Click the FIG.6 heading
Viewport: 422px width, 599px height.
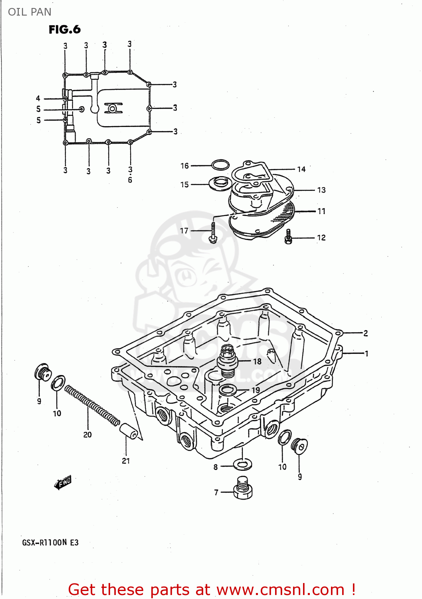pyautogui.click(x=64, y=29)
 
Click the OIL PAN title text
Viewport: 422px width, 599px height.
pyautogui.click(x=30, y=12)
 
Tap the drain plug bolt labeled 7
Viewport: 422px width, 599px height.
pyautogui.click(x=243, y=488)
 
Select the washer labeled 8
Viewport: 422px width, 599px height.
pyautogui.click(x=242, y=464)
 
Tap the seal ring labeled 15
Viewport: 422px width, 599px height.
pyautogui.click(x=220, y=183)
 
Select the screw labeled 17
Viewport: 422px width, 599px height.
pyautogui.click(x=213, y=232)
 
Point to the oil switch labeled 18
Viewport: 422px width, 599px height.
pyautogui.click(x=228, y=361)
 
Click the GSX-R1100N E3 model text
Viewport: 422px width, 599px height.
pyautogui.click(x=50, y=542)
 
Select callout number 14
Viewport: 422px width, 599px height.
pyautogui.click(x=301, y=169)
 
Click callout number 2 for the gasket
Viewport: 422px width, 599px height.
pyautogui.click(x=365, y=333)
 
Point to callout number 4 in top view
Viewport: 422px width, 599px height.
pyautogui.click(x=38, y=98)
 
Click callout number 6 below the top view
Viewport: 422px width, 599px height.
pyautogui.click(x=130, y=180)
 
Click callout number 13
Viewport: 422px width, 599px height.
pyautogui.click(x=321, y=190)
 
